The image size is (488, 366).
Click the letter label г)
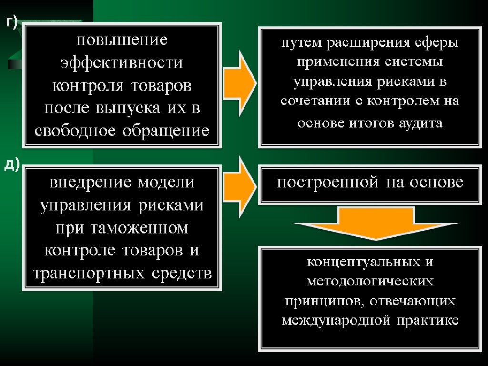point(12,22)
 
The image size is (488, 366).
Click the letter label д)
point(12,164)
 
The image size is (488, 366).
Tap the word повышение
point(122,40)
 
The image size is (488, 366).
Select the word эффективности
point(122,62)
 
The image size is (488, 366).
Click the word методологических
point(370,282)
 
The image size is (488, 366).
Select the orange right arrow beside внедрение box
point(240,183)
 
